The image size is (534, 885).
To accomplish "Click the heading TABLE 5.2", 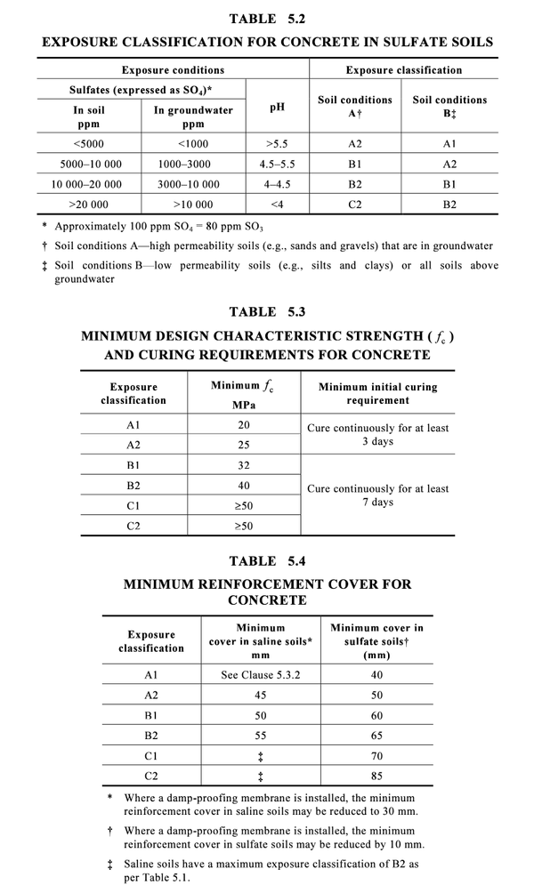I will click(x=266, y=19).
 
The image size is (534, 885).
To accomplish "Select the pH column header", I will click(x=277, y=108).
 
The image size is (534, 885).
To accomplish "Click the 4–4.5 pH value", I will click(x=277, y=184).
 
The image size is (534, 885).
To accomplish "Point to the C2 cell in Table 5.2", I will click(x=354, y=205).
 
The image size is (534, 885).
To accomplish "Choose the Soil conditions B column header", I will click(x=449, y=107).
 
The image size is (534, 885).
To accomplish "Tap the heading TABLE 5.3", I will click(x=266, y=312).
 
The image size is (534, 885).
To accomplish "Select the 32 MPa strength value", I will click(x=243, y=465).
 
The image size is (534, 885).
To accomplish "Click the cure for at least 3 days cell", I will click(x=377, y=434).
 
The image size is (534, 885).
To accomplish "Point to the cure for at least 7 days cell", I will click(x=377, y=495).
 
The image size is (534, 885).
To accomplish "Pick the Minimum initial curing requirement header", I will click(x=377, y=394).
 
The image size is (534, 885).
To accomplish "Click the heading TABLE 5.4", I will click(x=266, y=561).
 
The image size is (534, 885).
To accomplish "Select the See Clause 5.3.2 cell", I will click(x=260, y=675).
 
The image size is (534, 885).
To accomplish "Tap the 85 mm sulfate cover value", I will click(x=376, y=776).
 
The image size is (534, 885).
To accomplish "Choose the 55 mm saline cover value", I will click(x=260, y=736).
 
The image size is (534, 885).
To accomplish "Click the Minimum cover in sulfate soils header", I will click(x=376, y=641).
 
